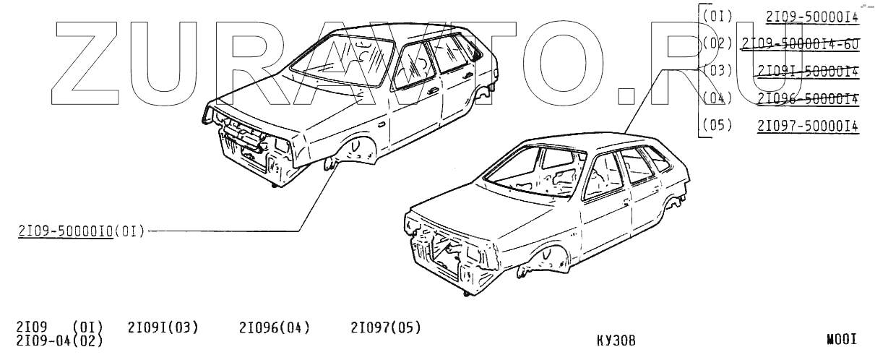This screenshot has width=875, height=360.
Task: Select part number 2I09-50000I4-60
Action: point(801,43)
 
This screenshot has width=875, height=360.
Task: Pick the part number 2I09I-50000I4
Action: point(808,71)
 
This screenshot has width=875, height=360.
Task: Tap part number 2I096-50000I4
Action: point(808,98)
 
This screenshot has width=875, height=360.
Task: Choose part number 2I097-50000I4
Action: point(808,125)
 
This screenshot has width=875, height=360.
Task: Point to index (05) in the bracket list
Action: point(716,125)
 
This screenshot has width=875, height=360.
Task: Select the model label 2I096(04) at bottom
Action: point(274,328)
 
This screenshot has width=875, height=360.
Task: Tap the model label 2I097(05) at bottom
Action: point(386,328)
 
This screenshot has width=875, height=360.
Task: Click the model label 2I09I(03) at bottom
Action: point(163,328)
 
